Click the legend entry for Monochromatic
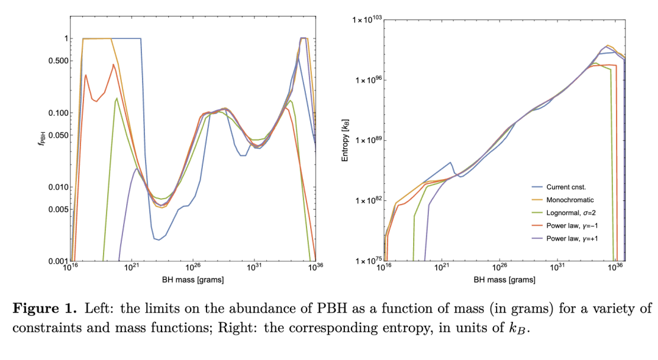570,199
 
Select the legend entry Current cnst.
566,186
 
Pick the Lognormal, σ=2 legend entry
571,212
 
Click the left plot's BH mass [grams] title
193,280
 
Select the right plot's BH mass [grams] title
504,280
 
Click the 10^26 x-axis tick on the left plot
193,268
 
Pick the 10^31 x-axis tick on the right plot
558,268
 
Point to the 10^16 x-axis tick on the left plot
71,268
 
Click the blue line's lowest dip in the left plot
158,239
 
